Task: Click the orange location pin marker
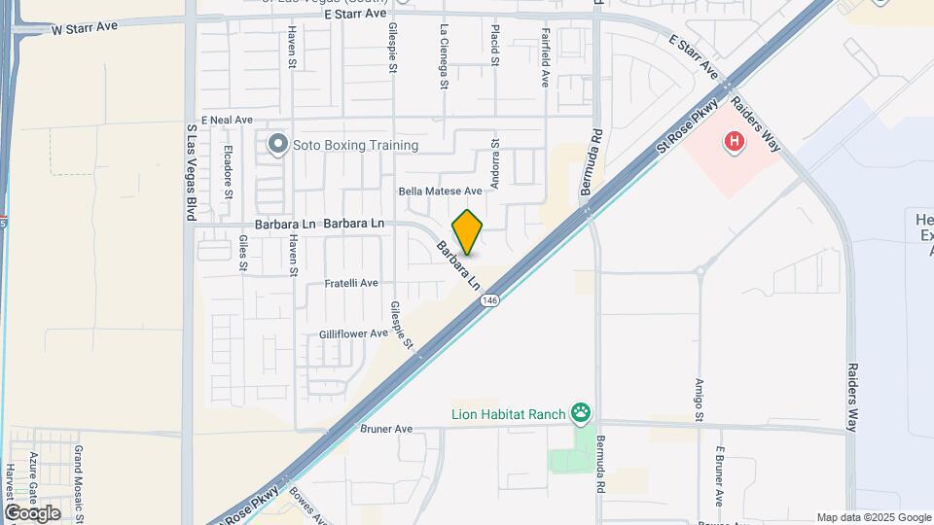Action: (x=467, y=231)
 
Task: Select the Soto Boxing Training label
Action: (x=355, y=146)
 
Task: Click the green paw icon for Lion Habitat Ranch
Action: (x=581, y=414)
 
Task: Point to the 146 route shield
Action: (x=489, y=301)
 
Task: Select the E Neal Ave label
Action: (x=227, y=120)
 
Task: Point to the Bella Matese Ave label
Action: (x=441, y=192)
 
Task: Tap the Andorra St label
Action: (x=495, y=157)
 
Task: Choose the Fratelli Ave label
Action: (x=351, y=284)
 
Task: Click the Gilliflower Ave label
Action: (x=354, y=334)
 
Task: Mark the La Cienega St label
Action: (x=444, y=56)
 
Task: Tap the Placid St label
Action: (x=495, y=46)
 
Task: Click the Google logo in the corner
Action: (x=31, y=512)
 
